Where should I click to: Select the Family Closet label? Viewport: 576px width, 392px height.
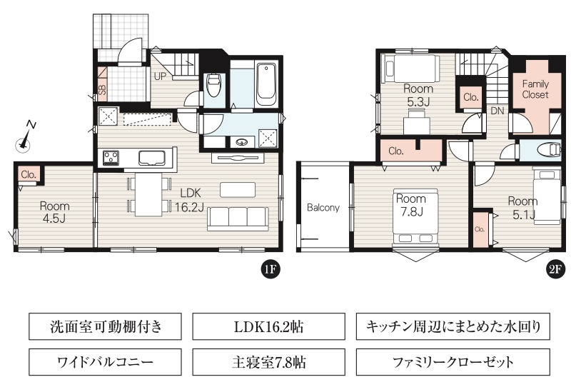coord(535,89)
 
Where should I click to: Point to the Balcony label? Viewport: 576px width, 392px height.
coord(323,208)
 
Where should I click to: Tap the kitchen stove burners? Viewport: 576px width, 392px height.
coord(111,156)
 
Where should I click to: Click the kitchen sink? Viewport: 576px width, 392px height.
coord(152,157)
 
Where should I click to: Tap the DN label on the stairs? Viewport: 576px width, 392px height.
coord(497,111)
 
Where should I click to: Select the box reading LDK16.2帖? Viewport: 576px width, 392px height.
coord(267,328)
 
